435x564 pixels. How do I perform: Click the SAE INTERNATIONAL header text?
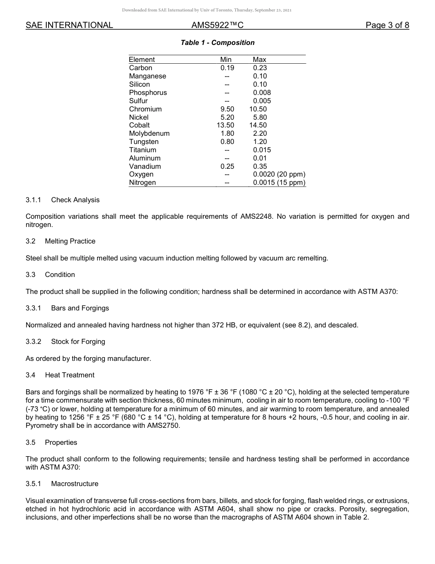(x=69, y=25)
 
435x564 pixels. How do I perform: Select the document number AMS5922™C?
(x=217, y=25)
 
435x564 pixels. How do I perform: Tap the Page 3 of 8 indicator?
(x=387, y=25)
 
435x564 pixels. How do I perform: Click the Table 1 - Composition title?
(x=217, y=43)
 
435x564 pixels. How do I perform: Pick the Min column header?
(x=226, y=60)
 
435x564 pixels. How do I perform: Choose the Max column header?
(x=259, y=60)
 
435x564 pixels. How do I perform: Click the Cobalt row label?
(x=139, y=125)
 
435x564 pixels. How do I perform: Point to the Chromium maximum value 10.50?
(x=258, y=109)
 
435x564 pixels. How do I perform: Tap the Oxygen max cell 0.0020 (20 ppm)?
(x=279, y=174)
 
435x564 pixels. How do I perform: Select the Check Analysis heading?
(x=75, y=200)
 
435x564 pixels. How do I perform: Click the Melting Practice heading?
(x=70, y=241)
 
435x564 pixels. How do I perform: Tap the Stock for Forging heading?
(x=78, y=342)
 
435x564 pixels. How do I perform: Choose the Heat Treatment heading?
(x=70, y=375)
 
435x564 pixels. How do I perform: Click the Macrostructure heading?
(x=75, y=484)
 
